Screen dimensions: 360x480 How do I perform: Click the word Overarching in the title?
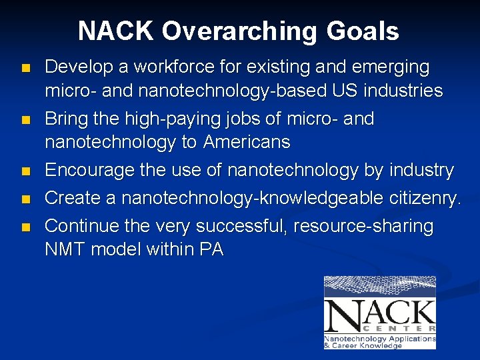(x=236, y=31)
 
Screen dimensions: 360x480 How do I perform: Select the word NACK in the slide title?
(x=115, y=31)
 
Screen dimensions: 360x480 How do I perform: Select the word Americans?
(x=247, y=142)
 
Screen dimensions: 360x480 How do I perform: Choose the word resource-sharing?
(x=366, y=227)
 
